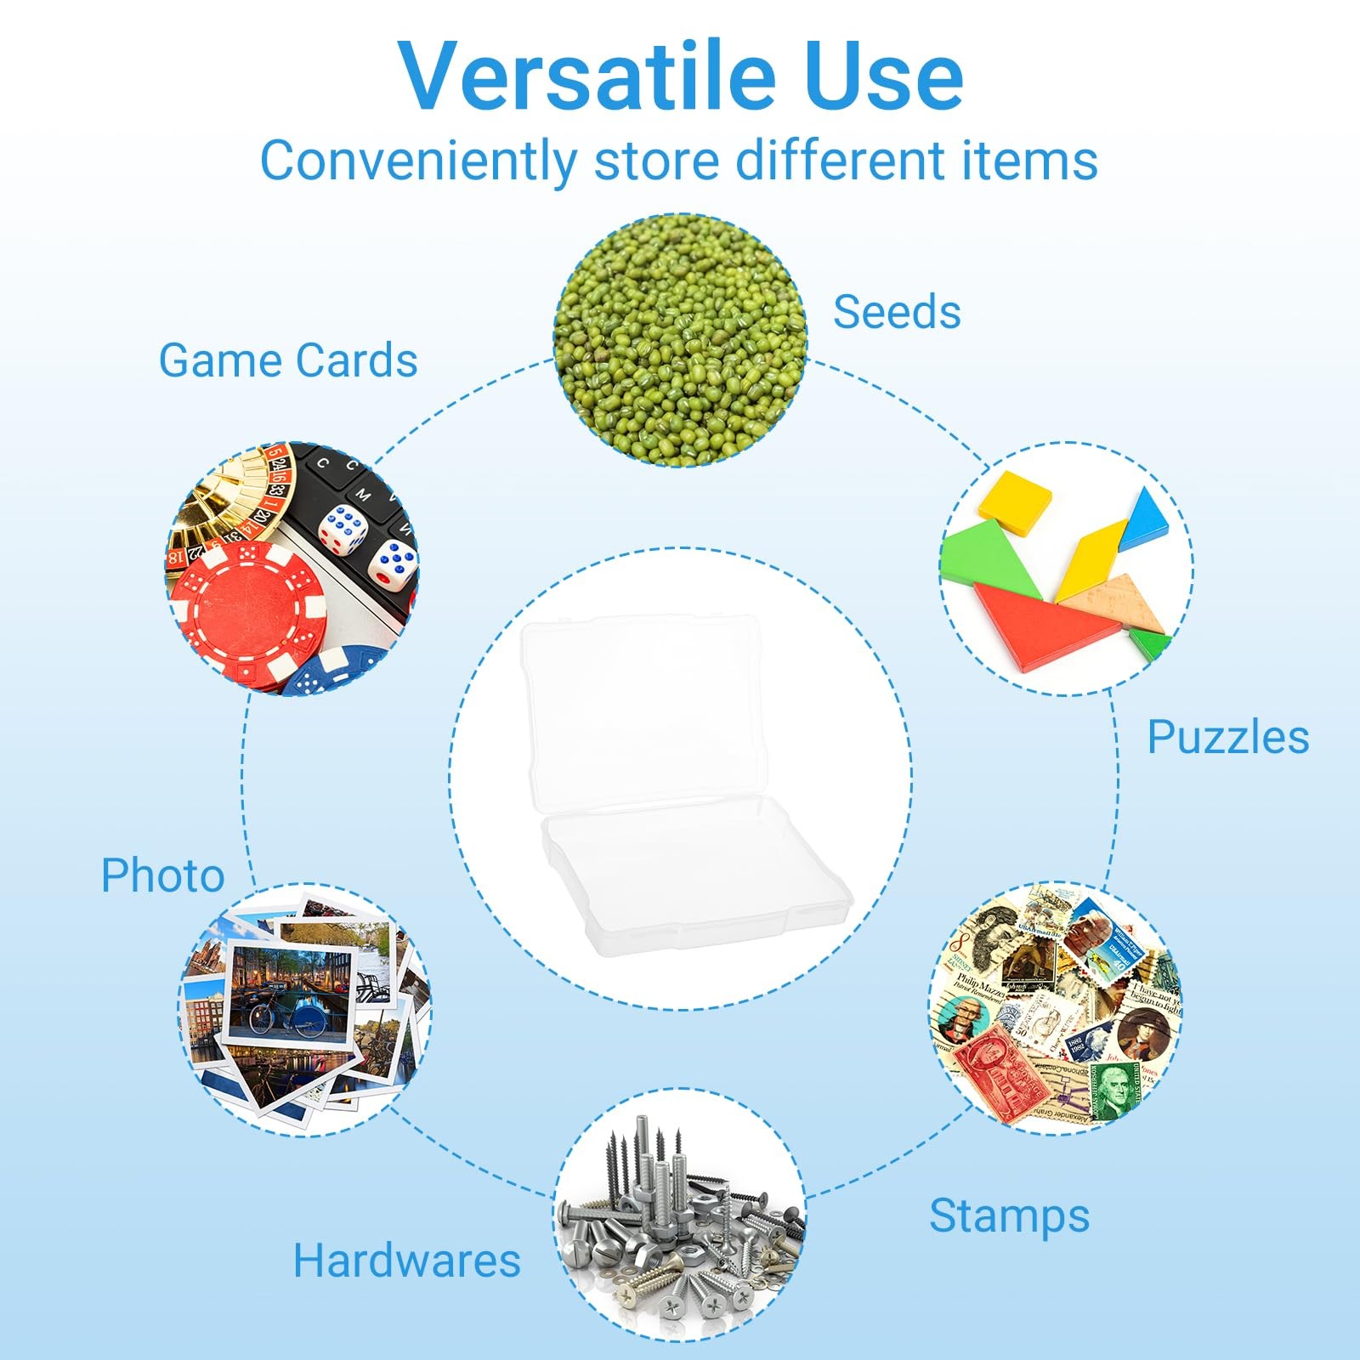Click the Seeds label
(x=897, y=311)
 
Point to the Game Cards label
(x=288, y=360)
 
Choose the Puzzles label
(x=1228, y=737)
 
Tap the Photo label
(x=162, y=875)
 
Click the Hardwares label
(x=406, y=1260)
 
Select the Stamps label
(x=1009, y=1215)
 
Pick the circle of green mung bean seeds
(x=680, y=340)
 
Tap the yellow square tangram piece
(x=1016, y=503)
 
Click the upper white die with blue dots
(x=343, y=529)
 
